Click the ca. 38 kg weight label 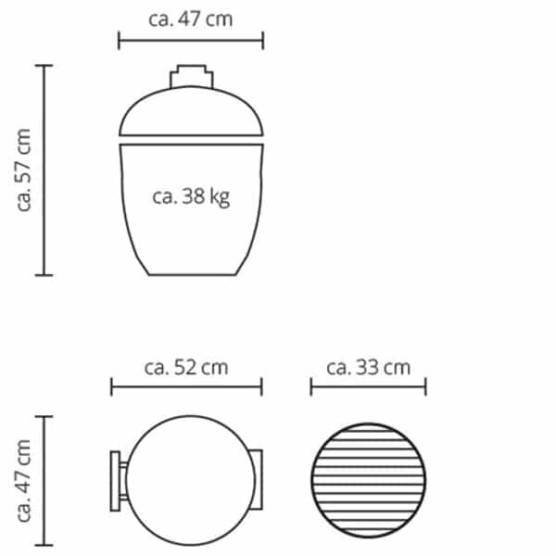191,197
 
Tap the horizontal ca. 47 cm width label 191,19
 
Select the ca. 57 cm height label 25,171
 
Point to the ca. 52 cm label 186,367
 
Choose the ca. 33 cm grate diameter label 368,367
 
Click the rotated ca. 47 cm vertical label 25,481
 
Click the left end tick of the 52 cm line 111,386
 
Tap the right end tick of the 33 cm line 425,386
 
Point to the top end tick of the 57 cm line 44,66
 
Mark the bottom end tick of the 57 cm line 44,275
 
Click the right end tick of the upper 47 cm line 264,40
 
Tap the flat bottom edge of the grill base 192,274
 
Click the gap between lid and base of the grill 192,138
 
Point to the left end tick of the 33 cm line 311,386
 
